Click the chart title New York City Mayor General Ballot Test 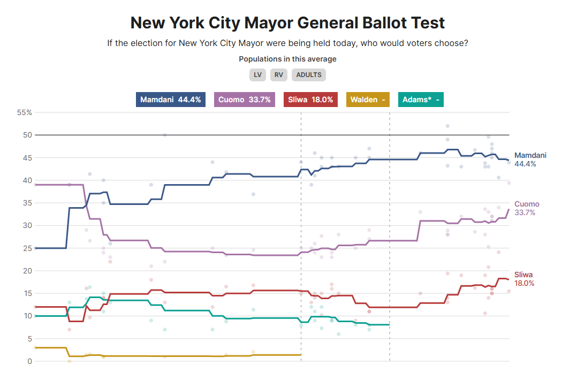(x=287, y=23)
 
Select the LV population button (x=257, y=75)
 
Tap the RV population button (x=279, y=75)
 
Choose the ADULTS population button (x=309, y=75)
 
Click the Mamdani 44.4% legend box (x=171, y=100)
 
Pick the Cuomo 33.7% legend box (x=245, y=100)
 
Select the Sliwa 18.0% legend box (x=310, y=100)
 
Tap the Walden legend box (x=368, y=100)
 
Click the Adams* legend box (x=421, y=100)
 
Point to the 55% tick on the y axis (x=25, y=112)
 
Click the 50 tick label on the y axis (x=28, y=135)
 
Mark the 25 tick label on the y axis (x=28, y=248)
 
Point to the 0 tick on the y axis (x=30, y=361)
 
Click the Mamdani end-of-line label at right (x=530, y=159)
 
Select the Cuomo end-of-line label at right (x=527, y=208)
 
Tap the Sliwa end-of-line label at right (x=524, y=279)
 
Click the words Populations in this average (x=287, y=59)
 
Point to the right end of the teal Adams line (x=389, y=324)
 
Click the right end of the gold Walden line (x=301, y=355)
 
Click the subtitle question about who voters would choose (x=287, y=43)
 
